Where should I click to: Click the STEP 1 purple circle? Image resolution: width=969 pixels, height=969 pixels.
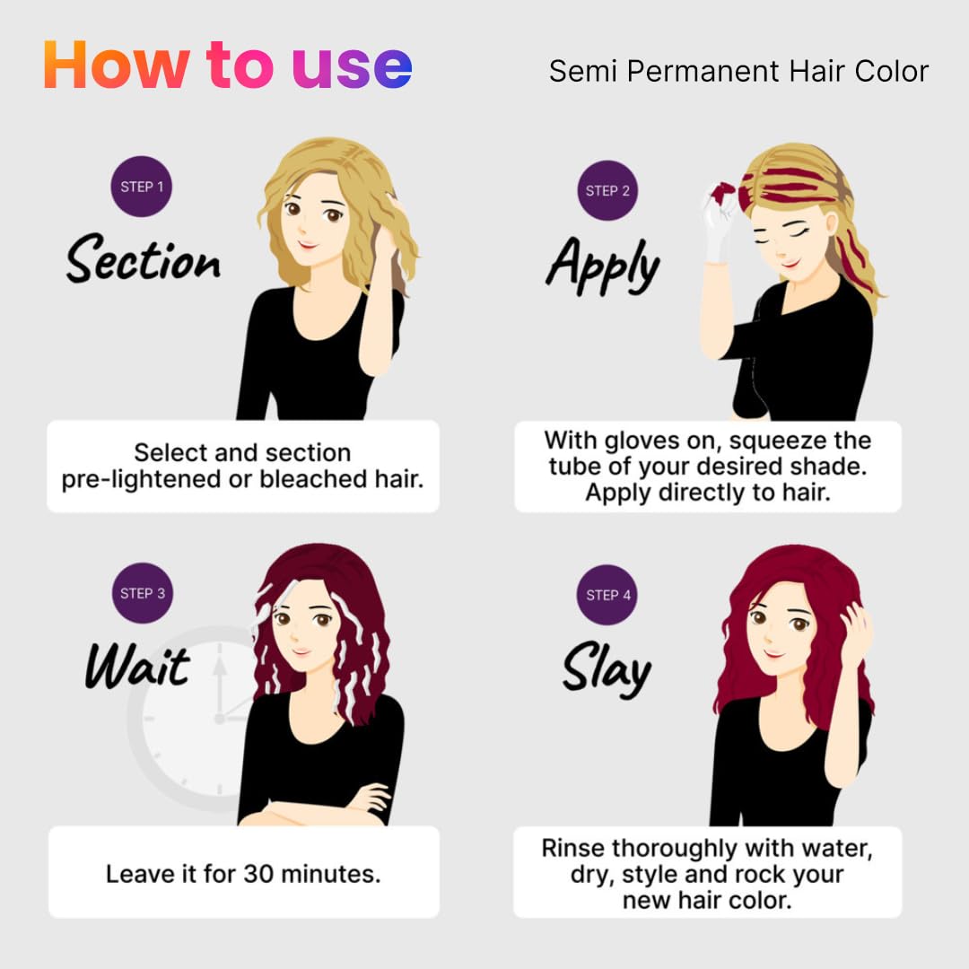[142, 187]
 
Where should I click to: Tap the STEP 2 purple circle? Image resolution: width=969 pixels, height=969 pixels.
[607, 190]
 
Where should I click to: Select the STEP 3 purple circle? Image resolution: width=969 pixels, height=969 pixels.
[143, 593]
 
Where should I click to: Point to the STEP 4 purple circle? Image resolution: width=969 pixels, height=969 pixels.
[607, 595]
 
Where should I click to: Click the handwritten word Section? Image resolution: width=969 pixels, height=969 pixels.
[143, 259]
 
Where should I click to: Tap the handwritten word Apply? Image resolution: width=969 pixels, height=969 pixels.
[603, 265]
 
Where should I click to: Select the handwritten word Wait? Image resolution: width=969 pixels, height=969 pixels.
[137, 666]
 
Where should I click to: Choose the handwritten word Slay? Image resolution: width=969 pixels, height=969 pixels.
[607, 669]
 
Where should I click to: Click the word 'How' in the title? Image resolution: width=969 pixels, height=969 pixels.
[116, 65]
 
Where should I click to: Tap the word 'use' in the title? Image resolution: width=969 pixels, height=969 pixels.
[352, 67]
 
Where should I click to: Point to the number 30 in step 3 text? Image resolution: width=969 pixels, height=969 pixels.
[258, 874]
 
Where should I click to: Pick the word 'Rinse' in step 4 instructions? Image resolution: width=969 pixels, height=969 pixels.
[572, 849]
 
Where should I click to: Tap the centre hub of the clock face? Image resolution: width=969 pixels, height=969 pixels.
[220, 719]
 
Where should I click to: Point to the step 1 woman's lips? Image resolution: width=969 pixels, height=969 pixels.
[306, 245]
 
